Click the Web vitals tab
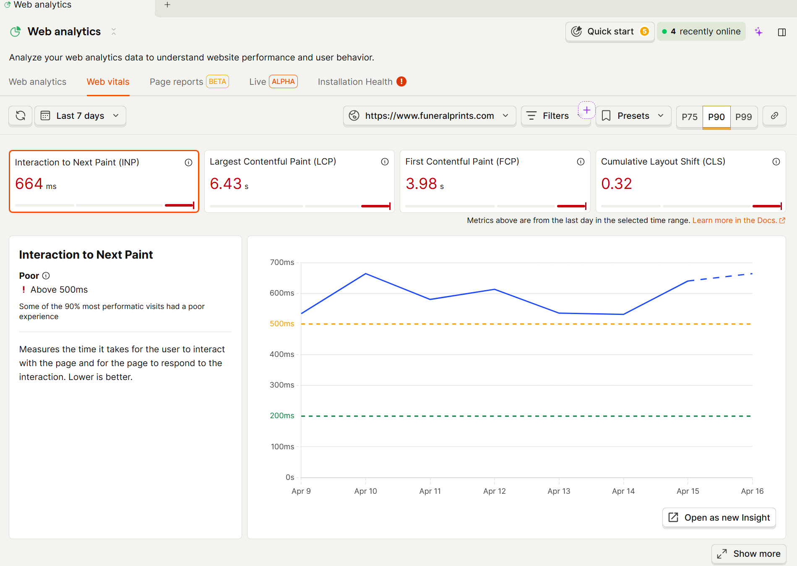108,82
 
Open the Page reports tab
176,82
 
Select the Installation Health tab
355,82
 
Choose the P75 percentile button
689,117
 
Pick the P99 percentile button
743,117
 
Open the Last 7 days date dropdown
80,116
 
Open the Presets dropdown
633,116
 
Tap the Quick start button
610,31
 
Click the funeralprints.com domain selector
430,116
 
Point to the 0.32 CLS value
616,184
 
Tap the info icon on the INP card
189,162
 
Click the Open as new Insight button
719,518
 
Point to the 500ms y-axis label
282,324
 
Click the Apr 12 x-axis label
495,491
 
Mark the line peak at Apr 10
366,274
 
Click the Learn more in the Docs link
734,220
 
